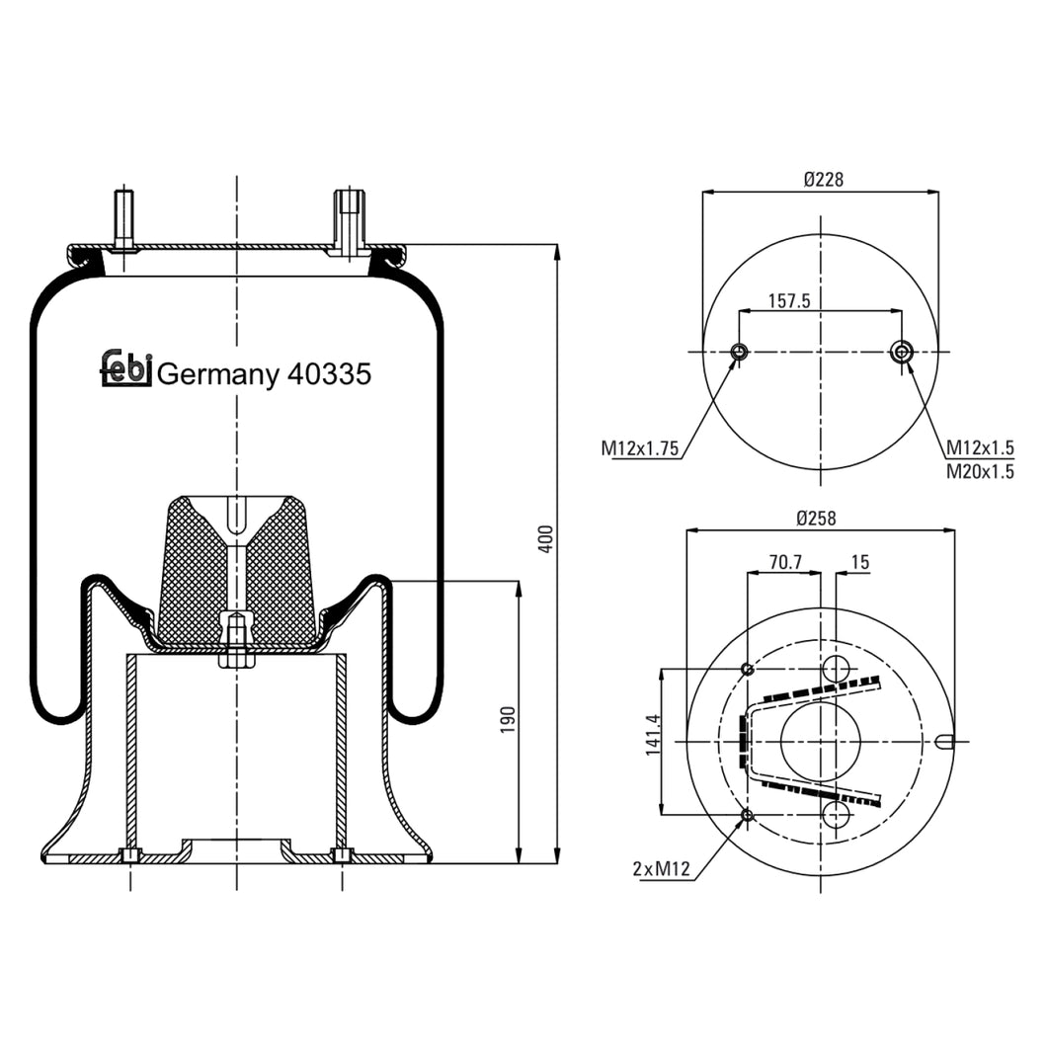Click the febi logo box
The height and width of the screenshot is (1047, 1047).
[x=125, y=368]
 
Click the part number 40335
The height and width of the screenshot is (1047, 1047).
[x=328, y=374]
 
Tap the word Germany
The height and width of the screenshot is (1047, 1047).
[x=218, y=375]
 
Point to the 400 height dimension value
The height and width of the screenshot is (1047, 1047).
[x=546, y=538]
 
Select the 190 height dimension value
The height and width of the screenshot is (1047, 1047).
[x=508, y=719]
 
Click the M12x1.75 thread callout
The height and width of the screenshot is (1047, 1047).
[x=640, y=448]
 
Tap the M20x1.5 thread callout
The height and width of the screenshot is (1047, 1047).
[x=980, y=471]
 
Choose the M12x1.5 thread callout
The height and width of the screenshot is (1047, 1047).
[x=980, y=447]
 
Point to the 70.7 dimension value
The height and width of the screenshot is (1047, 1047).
[x=785, y=562]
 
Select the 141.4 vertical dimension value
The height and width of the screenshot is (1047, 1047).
[x=653, y=737]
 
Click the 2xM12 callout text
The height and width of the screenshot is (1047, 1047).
[x=660, y=869]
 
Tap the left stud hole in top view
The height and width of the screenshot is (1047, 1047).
[x=739, y=352]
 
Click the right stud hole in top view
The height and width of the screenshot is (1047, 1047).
[x=902, y=352]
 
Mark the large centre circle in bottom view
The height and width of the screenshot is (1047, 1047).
[x=821, y=741]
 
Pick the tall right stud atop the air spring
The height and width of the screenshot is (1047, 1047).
[x=349, y=220]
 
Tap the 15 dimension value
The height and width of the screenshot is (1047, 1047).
[x=859, y=562]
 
